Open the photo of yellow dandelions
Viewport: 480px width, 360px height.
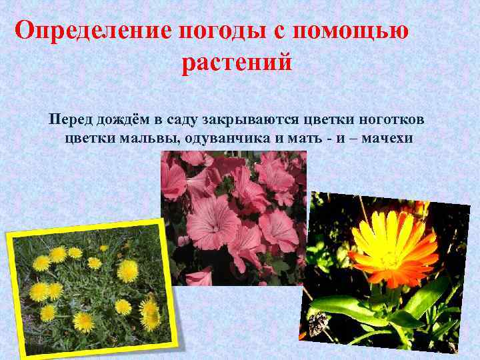click(x=93, y=287)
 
